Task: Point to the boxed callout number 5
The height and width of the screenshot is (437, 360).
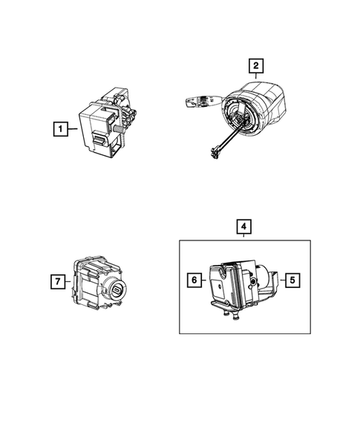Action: click(x=292, y=280)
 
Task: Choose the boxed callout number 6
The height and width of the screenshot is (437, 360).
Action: click(x=193, y=280)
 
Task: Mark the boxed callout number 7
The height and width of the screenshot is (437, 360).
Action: click(x=56, y=281)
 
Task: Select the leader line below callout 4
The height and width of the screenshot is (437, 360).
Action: click(x=243, y=236)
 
